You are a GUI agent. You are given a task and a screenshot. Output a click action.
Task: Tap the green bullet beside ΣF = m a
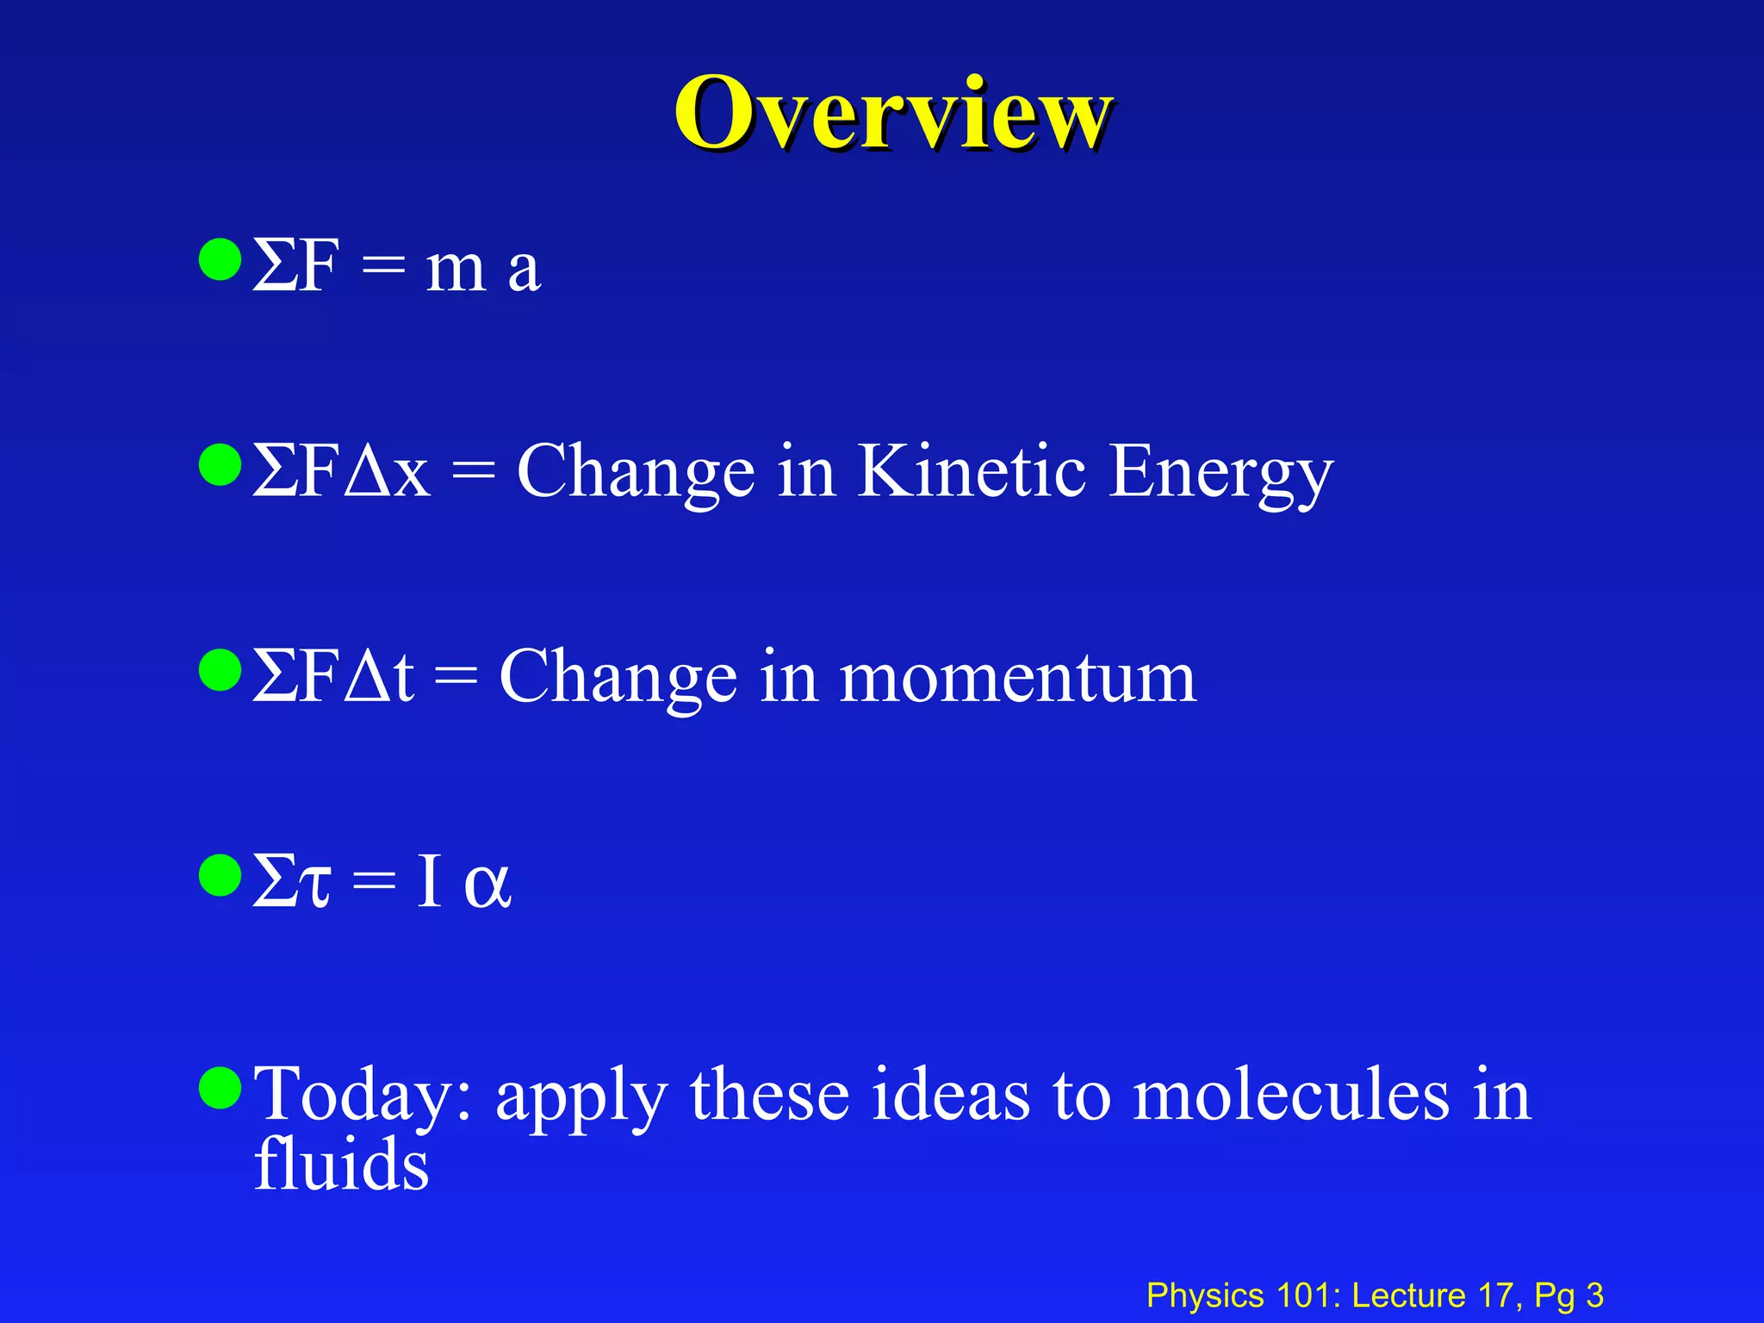coord(220,260)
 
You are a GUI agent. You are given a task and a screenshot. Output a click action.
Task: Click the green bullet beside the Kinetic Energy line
coord(220,465)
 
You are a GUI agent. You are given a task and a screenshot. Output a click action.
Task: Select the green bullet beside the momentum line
coord(220,670)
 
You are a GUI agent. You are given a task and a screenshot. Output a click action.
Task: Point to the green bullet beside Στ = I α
coord(220,875)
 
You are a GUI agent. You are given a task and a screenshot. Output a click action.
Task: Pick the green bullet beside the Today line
coord(220,1087)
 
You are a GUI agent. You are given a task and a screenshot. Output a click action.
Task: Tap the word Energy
coord(1221,474)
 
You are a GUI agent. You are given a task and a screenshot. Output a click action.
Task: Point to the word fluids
coord(342,1164)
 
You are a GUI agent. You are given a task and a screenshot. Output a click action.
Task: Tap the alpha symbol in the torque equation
coord(488,884)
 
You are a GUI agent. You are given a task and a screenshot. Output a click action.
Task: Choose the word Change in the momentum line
coord(618,679)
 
